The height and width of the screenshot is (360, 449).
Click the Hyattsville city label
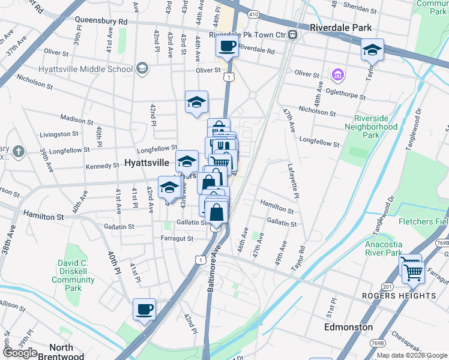[146, 163]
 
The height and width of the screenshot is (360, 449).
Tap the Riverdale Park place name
[341, 28]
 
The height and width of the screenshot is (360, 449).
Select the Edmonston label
[348, 327]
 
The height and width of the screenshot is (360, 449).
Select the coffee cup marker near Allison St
[144, 310]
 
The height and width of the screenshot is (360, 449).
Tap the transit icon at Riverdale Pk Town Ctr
[293, 35]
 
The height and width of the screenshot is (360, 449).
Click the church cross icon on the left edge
[19, 151]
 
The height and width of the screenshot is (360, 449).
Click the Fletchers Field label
[423, 221]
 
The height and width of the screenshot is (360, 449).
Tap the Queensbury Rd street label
[101, 20]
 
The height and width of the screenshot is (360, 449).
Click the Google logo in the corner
[20, 353]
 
